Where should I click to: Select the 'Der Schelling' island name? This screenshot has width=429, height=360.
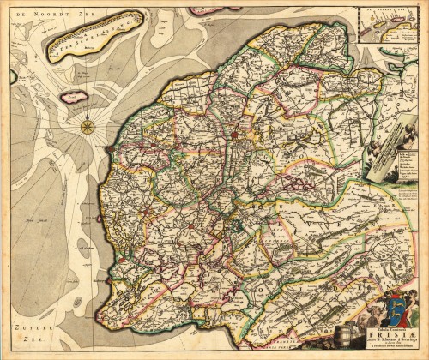click(95, 39)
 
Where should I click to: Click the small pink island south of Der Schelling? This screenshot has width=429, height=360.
click(75, 96)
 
